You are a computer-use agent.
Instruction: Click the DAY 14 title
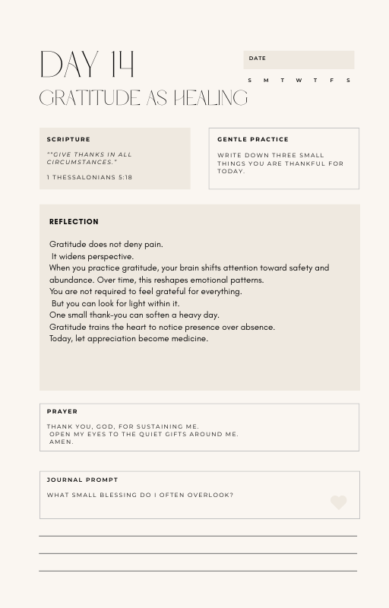click(86, 65)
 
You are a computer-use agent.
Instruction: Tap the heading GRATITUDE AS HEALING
click(143, 98)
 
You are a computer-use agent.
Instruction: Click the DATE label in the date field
click(258, 59)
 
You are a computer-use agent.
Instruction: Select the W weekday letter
click(299, 81)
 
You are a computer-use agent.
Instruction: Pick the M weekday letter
click(266, 81)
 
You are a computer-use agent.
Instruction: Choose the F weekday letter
click(332, 81)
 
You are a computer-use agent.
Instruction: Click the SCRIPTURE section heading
click(68, 140)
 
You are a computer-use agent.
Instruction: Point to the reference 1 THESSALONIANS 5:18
click(90, 178)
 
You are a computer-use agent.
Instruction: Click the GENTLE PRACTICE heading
click(253, 140)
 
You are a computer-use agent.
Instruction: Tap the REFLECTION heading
click(74, 222)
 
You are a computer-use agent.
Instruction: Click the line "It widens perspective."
click(93, 256)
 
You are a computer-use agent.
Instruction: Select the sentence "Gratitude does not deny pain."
click(106, 244)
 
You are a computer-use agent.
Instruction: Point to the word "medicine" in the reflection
click(190, 339)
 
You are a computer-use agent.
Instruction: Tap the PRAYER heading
click(62, 412)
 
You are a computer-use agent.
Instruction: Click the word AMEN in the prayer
click(62, 442)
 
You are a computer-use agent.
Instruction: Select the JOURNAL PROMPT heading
click(82, 480)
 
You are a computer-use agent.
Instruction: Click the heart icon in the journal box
click(339, 502)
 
